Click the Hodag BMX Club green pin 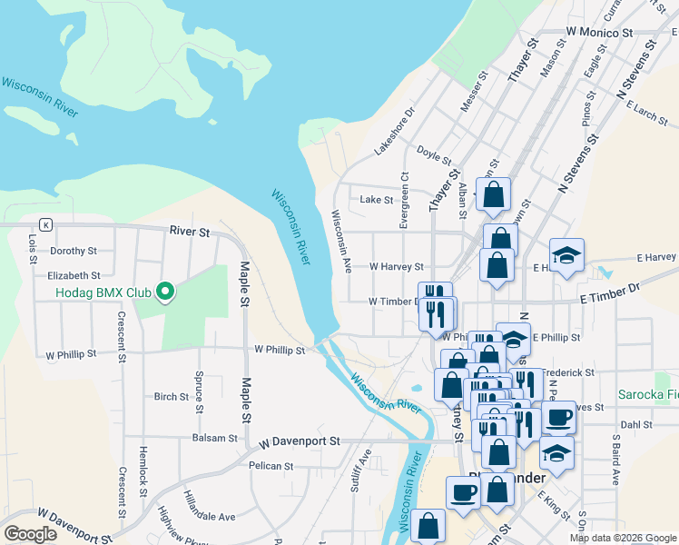(x=164, y=292)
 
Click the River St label (x=190, y=232)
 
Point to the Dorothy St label (x=74, y=251)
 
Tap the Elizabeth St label (x=74, y=275)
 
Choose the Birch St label (x=171, y=396)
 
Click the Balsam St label (x=214, y=437)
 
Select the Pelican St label (x=271, y=466)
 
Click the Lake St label (x=376, y=200)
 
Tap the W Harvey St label (x=397, y=267)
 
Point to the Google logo (x=30, y=534)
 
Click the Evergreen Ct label (x=405, y=200)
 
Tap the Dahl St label (x=636, y=424)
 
